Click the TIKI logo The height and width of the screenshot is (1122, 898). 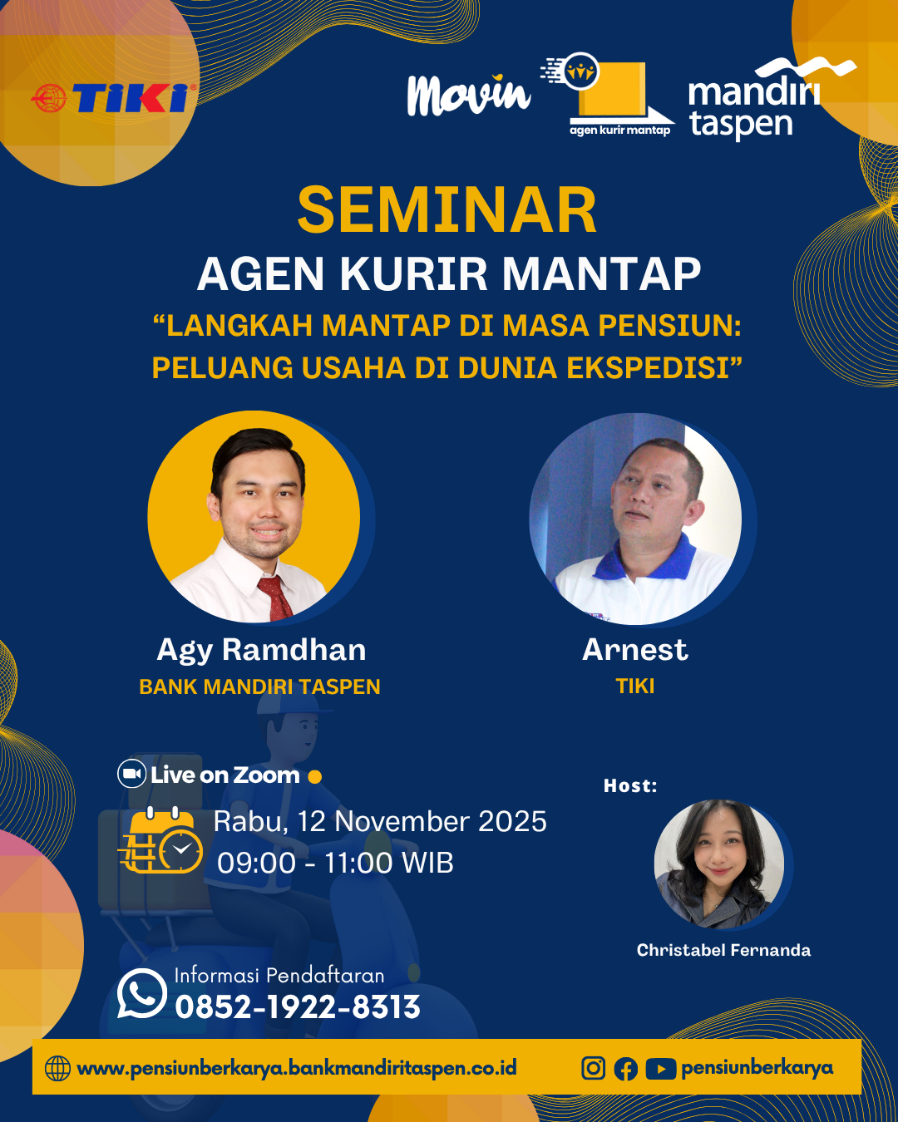tap(114, 98)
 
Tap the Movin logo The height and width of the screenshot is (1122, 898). tap(469, 95)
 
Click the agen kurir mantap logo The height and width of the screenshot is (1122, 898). tap(607, 95)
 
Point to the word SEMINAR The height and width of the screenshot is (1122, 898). tap(447, 209)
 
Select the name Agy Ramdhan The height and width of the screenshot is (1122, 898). tap(261, 651)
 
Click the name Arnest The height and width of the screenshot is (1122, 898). tap(635, 650)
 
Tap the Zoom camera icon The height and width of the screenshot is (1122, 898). tap(131, 774)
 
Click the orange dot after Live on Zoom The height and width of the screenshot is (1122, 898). tap(314, 777)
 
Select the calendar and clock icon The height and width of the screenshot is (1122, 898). tap(160, 840)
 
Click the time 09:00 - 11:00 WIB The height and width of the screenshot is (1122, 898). tap(335, 863)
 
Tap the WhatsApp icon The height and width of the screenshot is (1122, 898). tap(141, 993)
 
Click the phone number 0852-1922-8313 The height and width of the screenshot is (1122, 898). tap(298, 1006)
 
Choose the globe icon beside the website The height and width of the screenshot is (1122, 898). tap(57, 1068)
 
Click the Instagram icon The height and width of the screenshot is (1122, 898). tap(594, 1068)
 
